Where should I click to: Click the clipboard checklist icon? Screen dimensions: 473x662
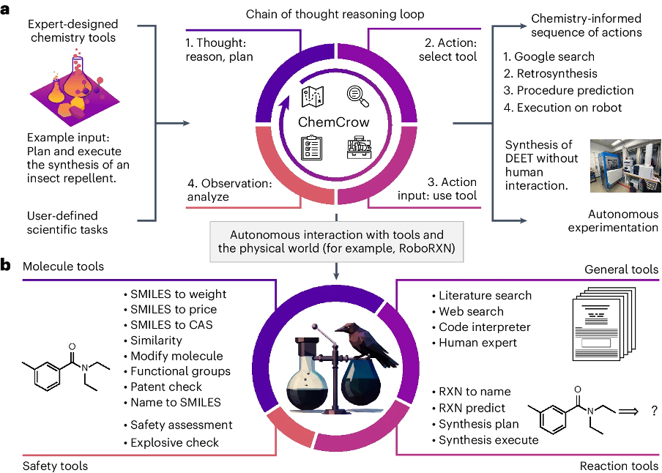pos(312,147)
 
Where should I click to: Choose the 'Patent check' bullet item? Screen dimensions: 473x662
pos(165,386)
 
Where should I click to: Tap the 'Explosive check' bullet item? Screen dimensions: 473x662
pos(174,442)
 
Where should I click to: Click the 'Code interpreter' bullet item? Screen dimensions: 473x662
pos(484,327)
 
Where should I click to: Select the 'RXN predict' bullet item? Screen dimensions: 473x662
pos(472,408)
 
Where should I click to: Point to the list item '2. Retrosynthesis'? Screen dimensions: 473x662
pos(550,73)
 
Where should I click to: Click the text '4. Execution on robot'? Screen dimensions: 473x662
pos(562,107)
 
